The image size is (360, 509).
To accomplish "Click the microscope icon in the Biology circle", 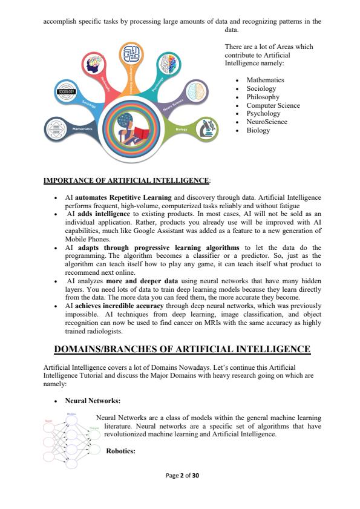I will click(205, 130).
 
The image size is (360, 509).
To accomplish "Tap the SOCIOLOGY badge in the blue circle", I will click(66, 91).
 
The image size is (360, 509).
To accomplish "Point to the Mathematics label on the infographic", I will click(82, 129).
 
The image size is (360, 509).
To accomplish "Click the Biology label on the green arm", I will click(181, 130).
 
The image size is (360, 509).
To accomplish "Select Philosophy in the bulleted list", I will click(263, 97).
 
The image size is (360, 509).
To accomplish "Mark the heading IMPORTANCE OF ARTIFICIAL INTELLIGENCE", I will click(126, 180).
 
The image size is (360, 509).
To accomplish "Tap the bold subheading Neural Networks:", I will click(93, 401).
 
